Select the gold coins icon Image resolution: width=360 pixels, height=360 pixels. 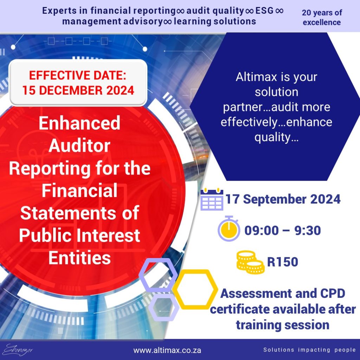coord(250,262)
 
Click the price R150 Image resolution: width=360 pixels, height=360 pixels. coord(283,262)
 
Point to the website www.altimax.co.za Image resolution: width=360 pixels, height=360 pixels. coord(167,351)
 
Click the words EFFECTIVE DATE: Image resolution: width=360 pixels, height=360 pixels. coord(78,75)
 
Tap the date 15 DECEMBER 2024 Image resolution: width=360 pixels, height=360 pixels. coord(78,90)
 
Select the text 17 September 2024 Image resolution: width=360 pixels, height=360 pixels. coord(283,199)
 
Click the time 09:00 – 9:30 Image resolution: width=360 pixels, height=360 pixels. coord(283,230)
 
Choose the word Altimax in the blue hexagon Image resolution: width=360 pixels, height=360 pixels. coord(256,77)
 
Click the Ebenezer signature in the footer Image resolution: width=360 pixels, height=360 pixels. coord(18,350)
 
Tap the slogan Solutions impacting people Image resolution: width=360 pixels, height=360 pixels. coord(309,350)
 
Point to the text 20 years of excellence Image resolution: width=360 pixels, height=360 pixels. coord(322,18)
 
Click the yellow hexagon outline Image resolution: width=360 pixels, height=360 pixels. coord(195,289)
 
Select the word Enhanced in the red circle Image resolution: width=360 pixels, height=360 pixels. coord(79,123)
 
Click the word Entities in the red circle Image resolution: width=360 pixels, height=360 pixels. coord(79,258)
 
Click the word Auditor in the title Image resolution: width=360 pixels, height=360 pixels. coord(79,146)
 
